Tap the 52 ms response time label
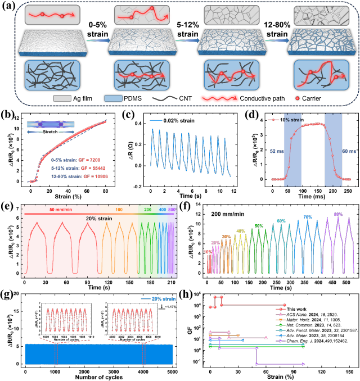coord(276,151)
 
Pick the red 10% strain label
coord(208,252)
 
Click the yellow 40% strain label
coord(240,231)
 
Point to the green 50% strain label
coord(259,226)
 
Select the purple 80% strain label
coord(338,214)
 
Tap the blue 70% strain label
coord(308,217)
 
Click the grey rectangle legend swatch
coord(62,98)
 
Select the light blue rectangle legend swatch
coord(113,98)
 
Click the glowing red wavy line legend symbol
coord(219,98)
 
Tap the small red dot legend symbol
coord(297,98)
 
